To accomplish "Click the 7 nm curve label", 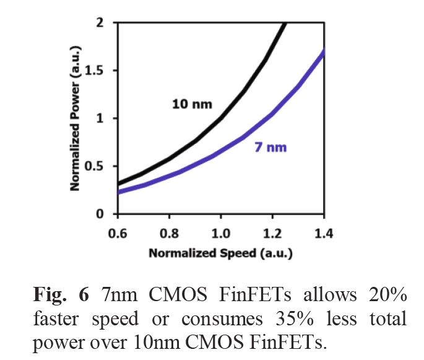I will coord(271,147).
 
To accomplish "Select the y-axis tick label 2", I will coord(99,23).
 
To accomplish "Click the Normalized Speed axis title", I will coord(220,253).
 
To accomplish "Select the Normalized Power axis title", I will coord(75,118).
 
